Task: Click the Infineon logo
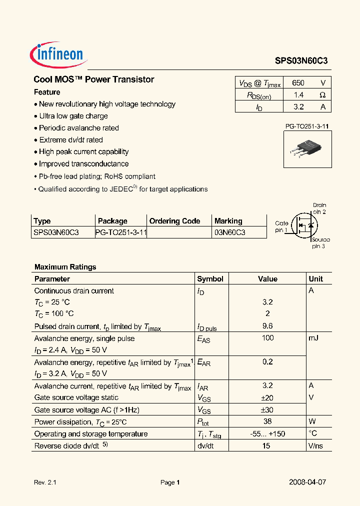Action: click(59, 53)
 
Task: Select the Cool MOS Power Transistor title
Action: click(93, 79)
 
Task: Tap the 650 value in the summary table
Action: click(298, 83)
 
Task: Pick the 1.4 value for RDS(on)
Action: click(298, 95)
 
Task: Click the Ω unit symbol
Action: click(322, 95)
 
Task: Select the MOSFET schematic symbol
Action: click(305, 225)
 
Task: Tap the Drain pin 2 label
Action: click(319, 208)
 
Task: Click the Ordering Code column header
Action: click(174, 221)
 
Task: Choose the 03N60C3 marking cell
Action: click(229, 232)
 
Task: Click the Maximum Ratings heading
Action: click(65, 267)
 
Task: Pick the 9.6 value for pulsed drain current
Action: click(267, 326)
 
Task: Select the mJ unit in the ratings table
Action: click(313, 338)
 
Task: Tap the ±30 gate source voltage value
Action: click(267, 409)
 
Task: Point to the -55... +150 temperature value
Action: click(267, 433)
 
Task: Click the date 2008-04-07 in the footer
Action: click(307, 482)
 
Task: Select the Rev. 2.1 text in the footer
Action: click(45, 482)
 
